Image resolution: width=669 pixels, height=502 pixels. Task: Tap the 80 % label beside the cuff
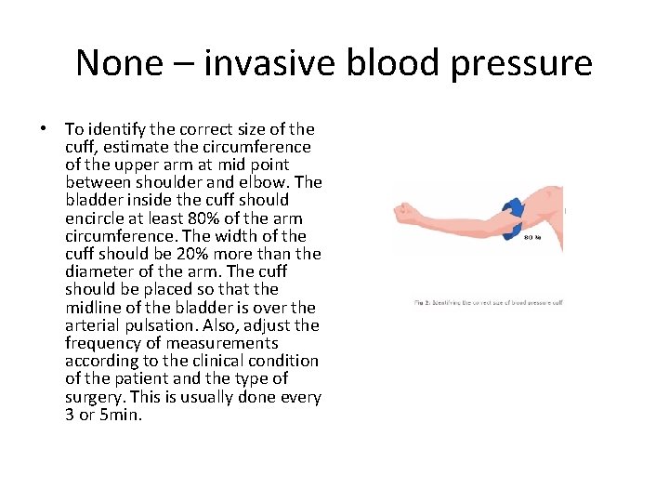(x=533, y=236)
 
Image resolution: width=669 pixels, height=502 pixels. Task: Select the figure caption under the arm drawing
(x=489, y=302)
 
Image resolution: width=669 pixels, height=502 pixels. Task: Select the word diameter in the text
(x=98, y=271)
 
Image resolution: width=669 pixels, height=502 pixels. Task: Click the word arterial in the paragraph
(x=93, y=325)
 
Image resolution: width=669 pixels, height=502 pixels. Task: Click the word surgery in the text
(x=97, y=397)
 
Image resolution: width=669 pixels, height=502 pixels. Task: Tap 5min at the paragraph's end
(x=121, y=415)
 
